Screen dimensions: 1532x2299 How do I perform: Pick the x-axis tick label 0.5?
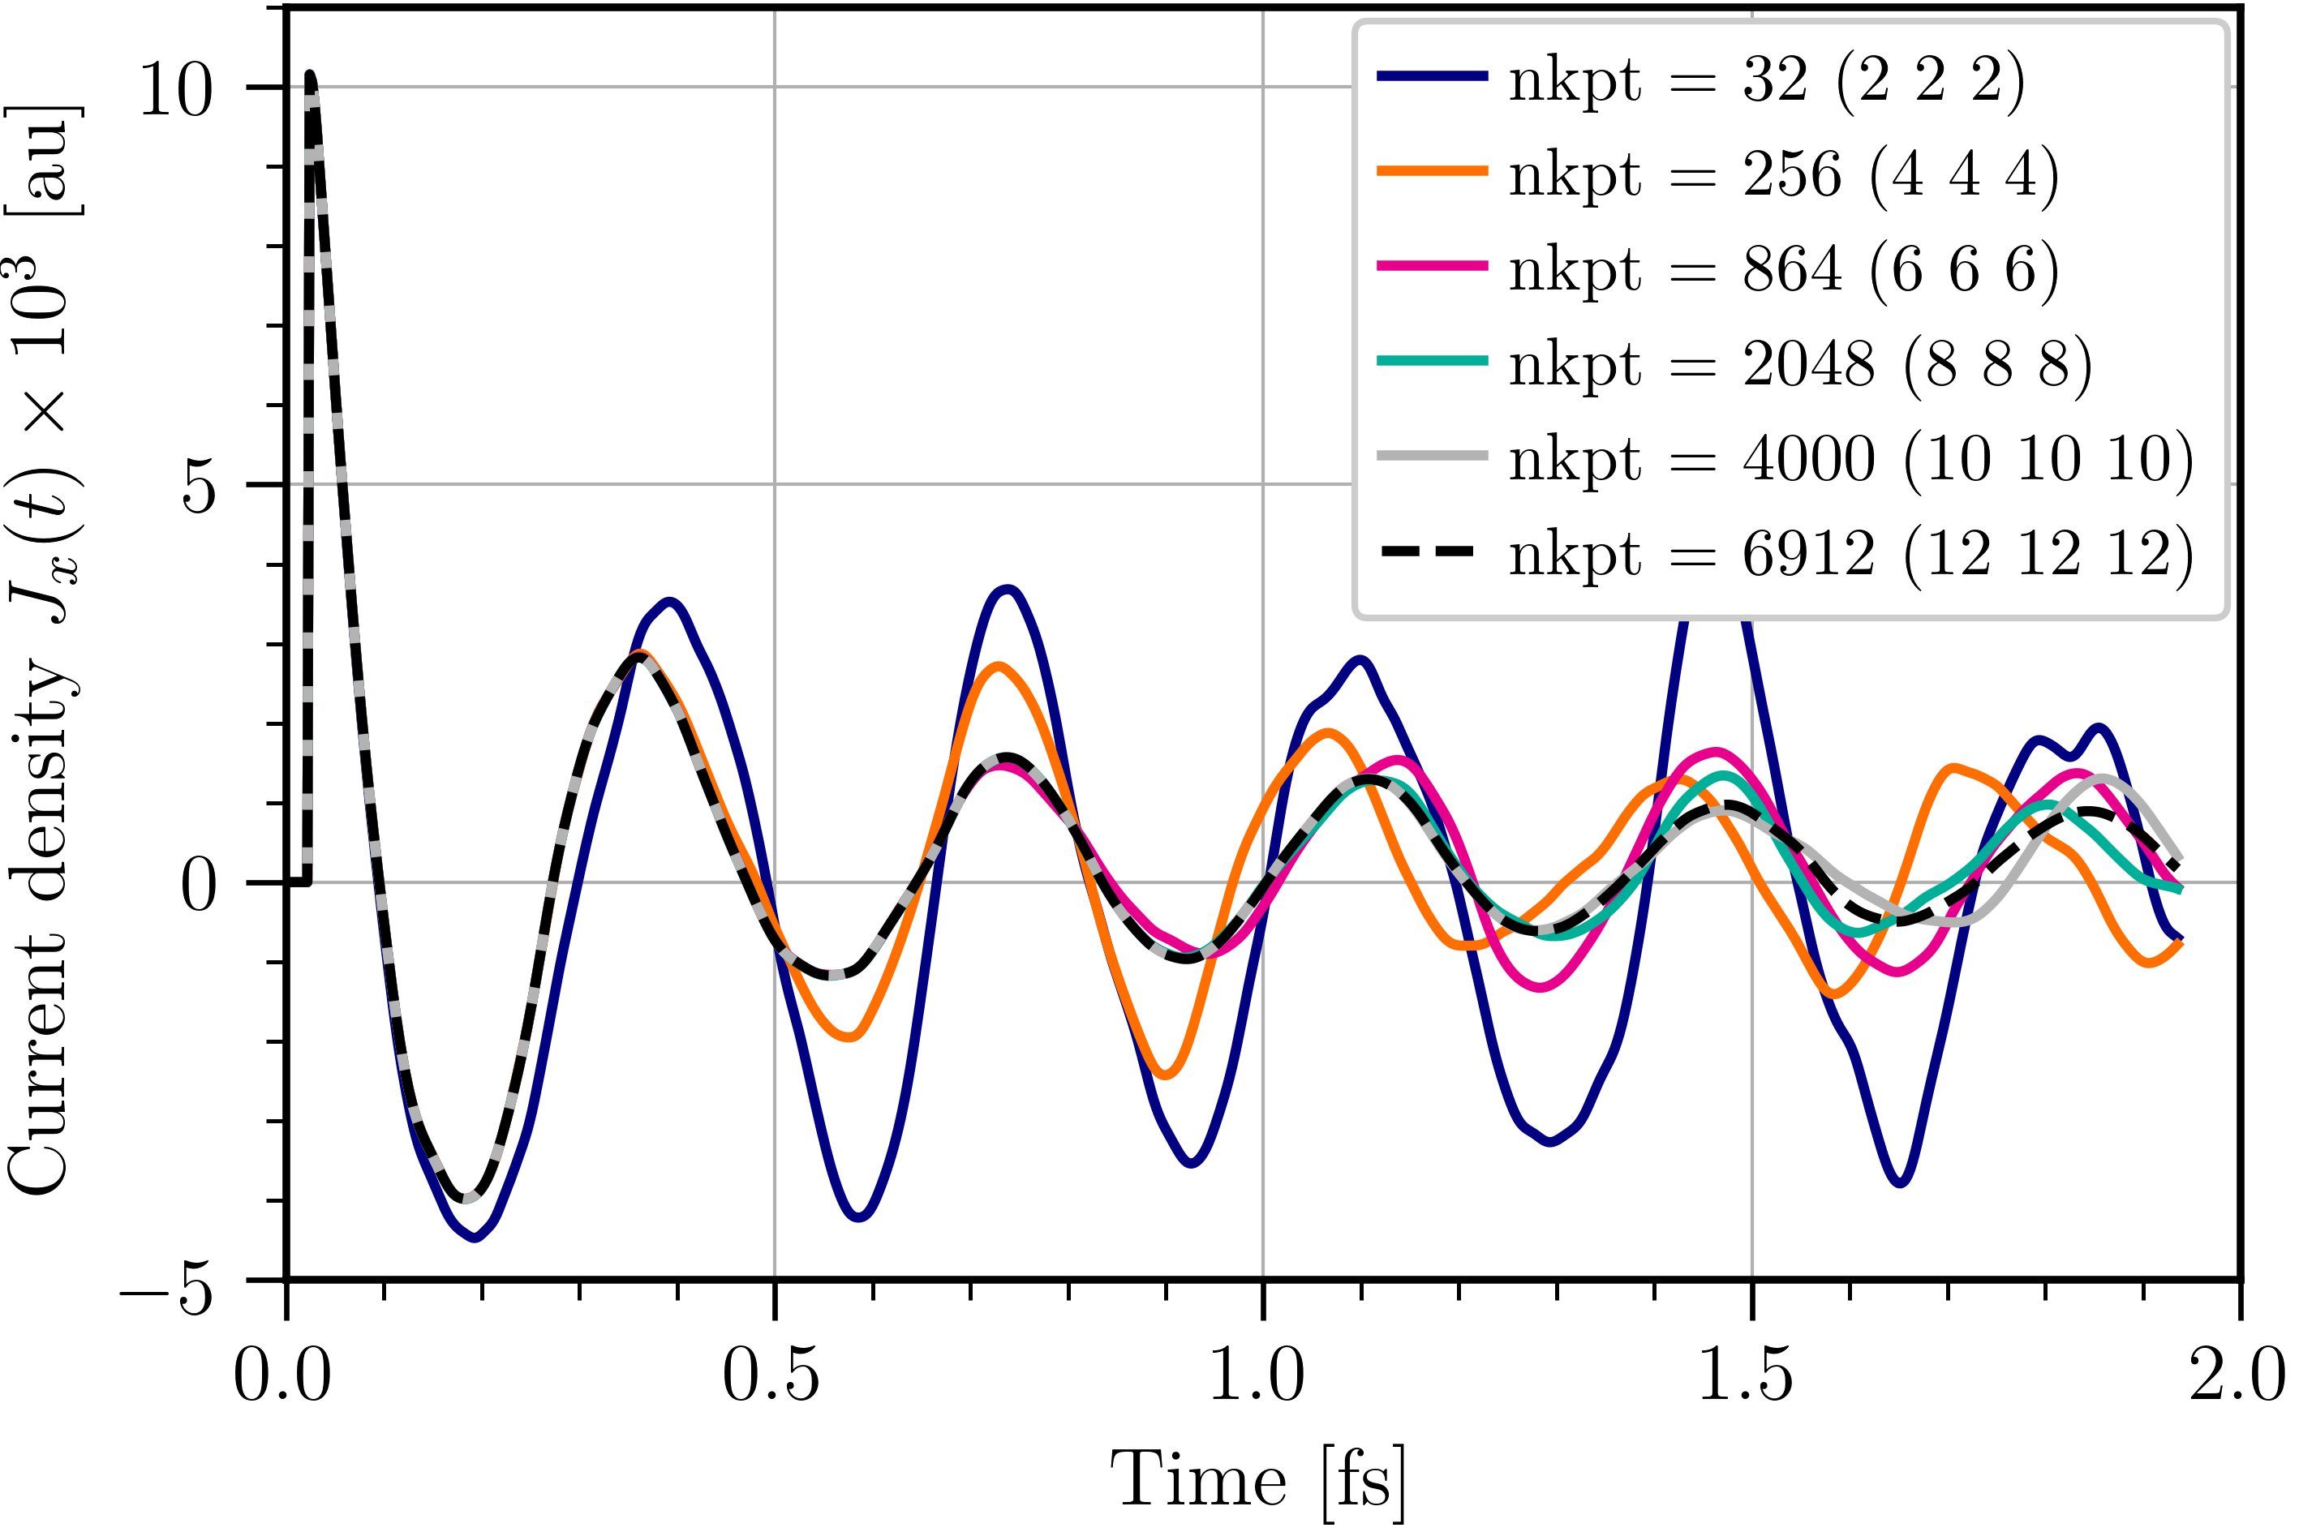pyautogui.click(x=771, y=1375)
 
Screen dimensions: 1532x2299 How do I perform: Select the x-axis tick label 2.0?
pyautogui.click(x=2237, y=1375)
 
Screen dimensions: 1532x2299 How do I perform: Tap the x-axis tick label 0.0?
pyautogui.click(x=282, y=1375)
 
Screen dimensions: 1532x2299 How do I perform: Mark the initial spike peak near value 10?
pyautogui.click(x=310, y=76)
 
